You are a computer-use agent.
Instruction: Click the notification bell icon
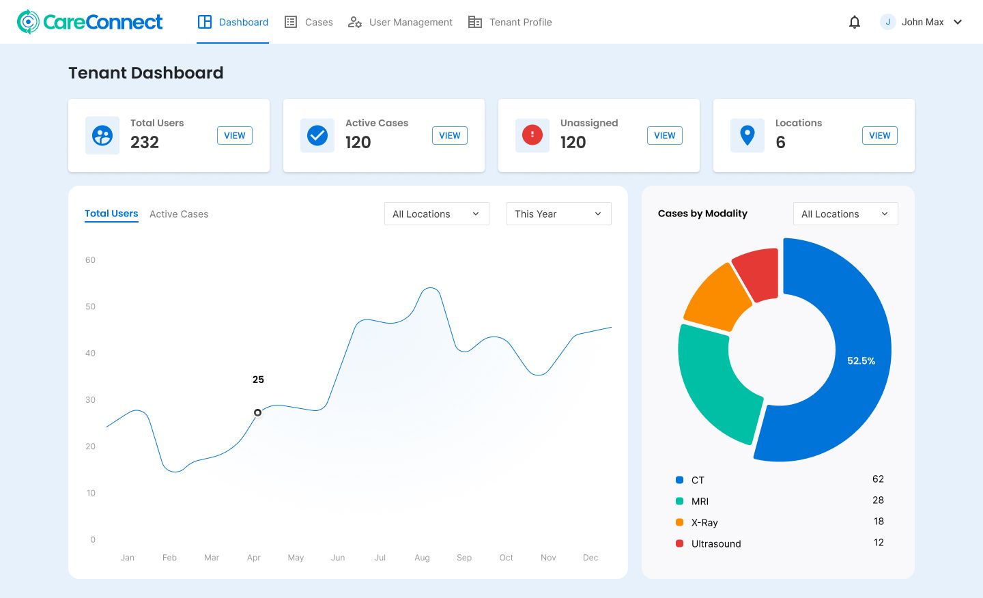coord(854,22)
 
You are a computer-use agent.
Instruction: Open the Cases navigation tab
coord(309,22)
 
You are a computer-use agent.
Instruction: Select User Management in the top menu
coord(401,22)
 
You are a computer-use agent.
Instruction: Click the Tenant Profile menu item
coord(511,22)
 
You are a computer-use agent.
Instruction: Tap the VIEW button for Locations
coord(879,135)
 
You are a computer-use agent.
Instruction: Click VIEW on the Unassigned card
coord(664,135)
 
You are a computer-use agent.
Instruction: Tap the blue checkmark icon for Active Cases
coord(317,135)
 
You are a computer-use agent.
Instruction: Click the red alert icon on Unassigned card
coord(532,134)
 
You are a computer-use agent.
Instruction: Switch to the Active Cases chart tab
coord(179,214)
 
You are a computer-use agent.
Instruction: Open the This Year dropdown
coord(558,214)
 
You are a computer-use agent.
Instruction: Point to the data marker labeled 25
coord(257,412)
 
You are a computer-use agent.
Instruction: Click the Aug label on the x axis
coord(422,558)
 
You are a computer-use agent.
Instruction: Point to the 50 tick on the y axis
coord(90,307)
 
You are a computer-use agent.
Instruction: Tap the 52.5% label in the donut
coord(861,360)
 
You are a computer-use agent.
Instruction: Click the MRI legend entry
coord(700,502)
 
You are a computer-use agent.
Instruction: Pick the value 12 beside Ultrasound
coord(879,543)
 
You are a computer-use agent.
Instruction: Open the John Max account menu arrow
coord(958,22)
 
